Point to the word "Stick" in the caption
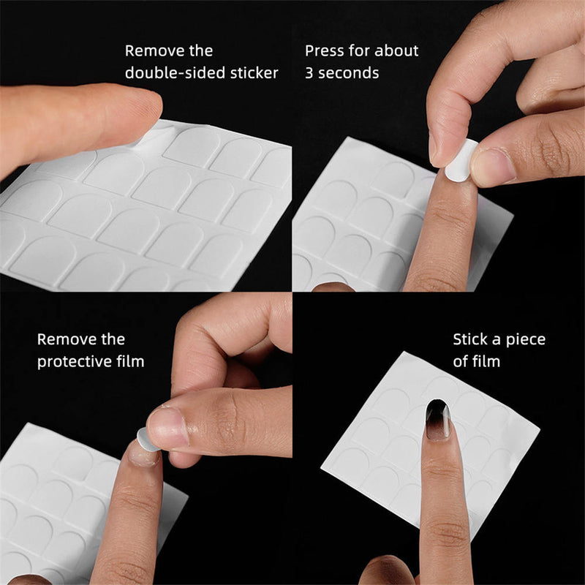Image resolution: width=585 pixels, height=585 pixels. [472, 339]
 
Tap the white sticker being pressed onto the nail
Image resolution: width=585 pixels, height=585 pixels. [461, 162]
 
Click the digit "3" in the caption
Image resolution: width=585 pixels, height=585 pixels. [309, 73]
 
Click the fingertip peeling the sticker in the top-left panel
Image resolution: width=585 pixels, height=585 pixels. [139, 110]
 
